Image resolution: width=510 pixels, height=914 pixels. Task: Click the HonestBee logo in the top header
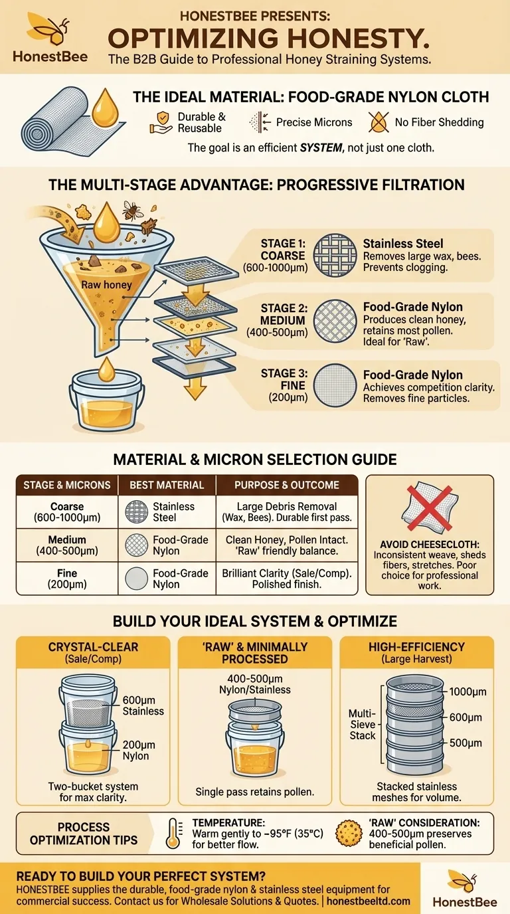[50, 38]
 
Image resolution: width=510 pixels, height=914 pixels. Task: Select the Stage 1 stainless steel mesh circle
[335, 256]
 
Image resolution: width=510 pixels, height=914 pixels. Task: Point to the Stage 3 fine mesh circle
[335, 385]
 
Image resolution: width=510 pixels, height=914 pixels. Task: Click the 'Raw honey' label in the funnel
[106, 285]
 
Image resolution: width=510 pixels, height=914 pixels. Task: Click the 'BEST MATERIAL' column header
[167, 485]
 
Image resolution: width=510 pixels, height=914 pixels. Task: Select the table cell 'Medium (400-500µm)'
[67, 545]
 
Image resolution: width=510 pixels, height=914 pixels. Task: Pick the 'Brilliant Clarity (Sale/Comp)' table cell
[287, 579]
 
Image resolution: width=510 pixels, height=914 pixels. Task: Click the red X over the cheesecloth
[429, 508]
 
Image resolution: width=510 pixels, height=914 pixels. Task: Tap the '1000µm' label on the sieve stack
[468, 691]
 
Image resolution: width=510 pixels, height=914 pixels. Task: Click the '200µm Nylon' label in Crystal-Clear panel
[139, 751]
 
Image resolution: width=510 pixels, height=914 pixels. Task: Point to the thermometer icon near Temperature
[174, 833]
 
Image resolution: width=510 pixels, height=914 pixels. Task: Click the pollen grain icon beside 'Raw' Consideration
[349, 833]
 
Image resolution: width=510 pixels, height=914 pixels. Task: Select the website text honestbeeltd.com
[369, 901]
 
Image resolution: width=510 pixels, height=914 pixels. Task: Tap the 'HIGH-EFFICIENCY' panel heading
[416, 647]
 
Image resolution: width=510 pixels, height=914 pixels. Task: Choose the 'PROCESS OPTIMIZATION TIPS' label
[84, 834]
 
